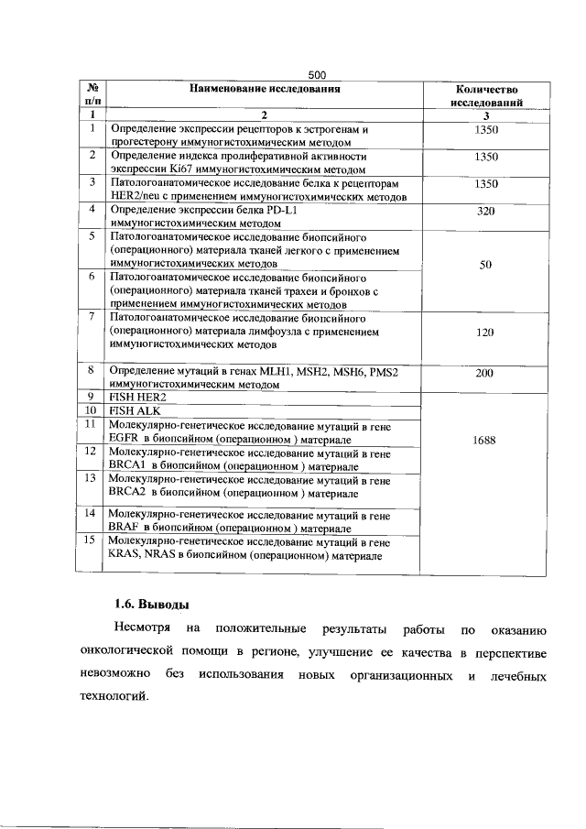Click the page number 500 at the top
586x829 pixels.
pos(317,74)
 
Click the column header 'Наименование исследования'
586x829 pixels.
pos(266,89)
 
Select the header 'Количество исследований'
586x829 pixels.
pos(487,96)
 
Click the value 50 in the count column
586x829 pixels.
pos(486,265)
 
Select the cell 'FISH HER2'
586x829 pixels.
pos(138,398)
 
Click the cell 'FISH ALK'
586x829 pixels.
pos(136,411)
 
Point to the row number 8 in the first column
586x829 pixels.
pos(91,371)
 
